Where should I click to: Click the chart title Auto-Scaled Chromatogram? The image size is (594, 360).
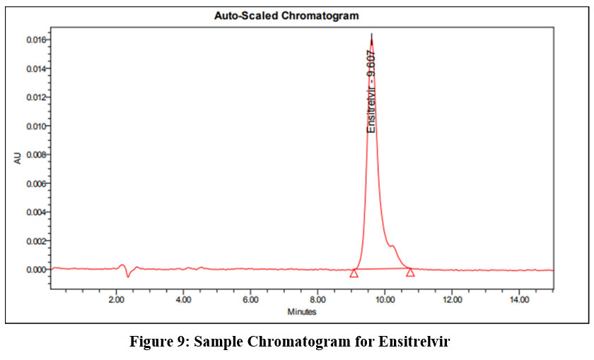click(286, 15)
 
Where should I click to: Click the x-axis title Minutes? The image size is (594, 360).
click(302, 312)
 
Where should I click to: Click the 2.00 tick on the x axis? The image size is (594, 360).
click(116, 299)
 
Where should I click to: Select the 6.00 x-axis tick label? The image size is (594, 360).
click(250, 299)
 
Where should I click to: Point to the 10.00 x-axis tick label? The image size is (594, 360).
click(385, 299)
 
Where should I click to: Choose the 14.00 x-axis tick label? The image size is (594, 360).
click(519, 299)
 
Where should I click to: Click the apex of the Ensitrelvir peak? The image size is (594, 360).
click(372, 35)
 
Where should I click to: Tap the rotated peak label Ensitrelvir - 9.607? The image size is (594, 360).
click(371, 91)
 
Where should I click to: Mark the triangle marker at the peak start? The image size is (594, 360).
click(354, 273)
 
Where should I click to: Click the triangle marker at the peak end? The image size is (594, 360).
click(410, 272)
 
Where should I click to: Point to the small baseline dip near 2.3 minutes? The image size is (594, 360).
click(128, 276)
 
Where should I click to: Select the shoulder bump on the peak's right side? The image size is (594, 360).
click(393, 246)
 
